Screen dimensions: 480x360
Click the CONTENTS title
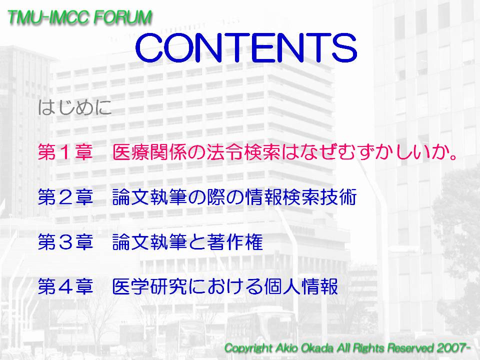246,47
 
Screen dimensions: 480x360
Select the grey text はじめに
74,107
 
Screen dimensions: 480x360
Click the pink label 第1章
65,152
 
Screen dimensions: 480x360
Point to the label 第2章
65,197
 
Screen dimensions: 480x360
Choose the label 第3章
65,241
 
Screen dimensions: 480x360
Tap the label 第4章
65,286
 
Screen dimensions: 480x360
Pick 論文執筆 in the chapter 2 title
149,197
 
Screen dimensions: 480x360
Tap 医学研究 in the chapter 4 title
149,286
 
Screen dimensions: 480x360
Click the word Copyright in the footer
248,348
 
